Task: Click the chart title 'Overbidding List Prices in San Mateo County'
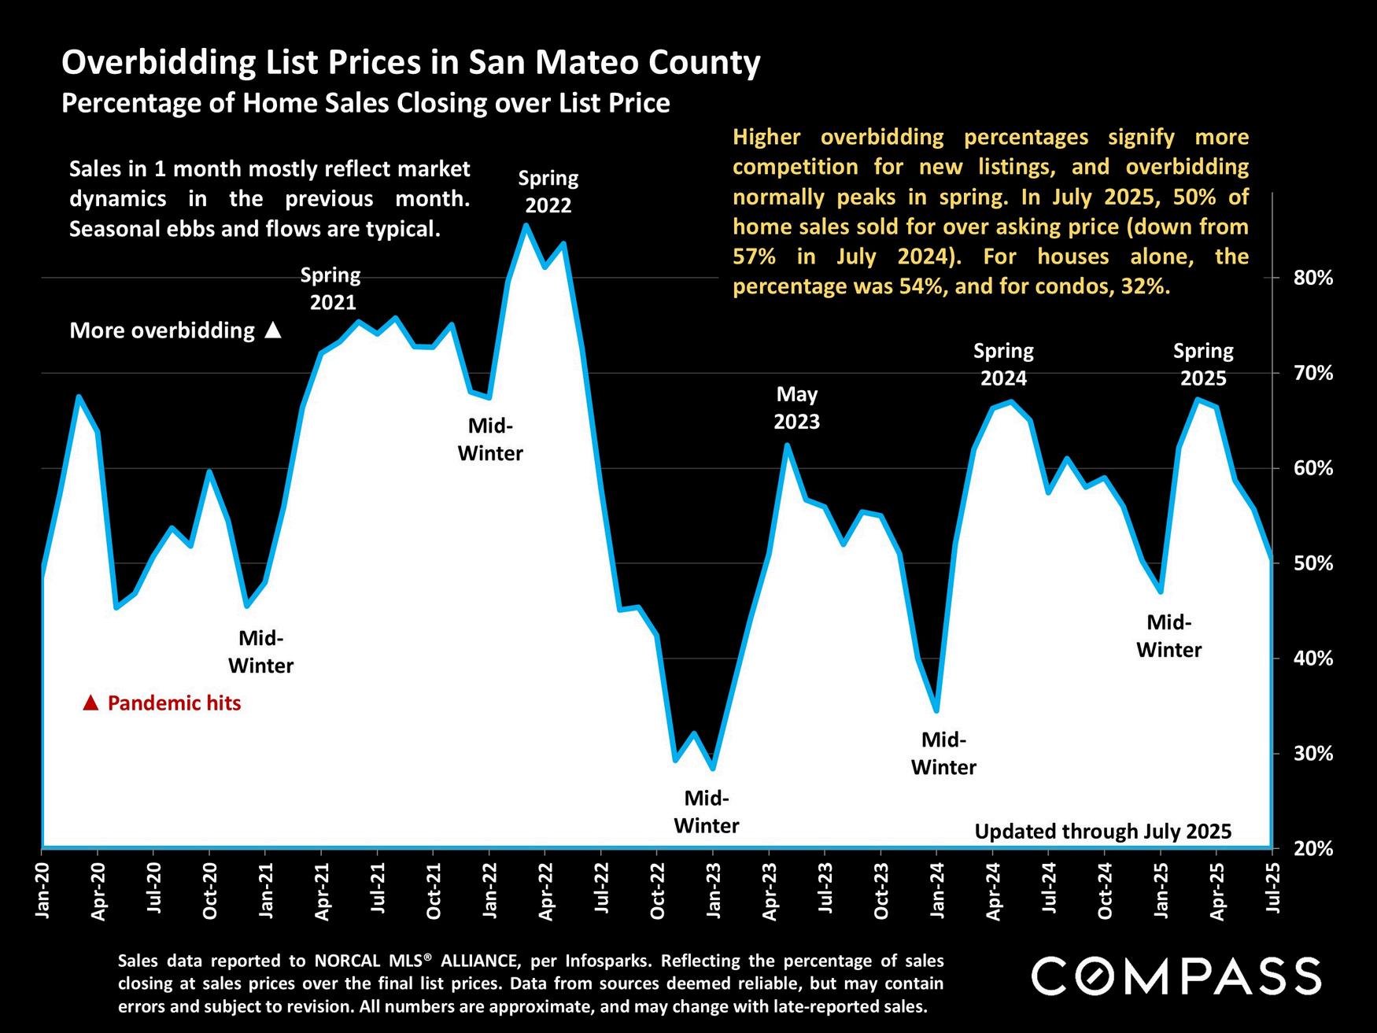[x=411, y=62]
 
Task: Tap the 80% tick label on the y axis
[x=1312, y=278]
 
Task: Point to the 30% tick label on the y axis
[x=1312, y=754]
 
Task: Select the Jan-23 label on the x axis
[x=714, y=891]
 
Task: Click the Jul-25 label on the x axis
[x=1272, y=891]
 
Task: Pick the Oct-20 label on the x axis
[x=210, y=891]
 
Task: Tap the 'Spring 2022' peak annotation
[x=548, y=192]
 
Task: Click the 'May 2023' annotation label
[x=796, y=408]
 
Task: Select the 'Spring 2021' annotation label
[x=331, y=289]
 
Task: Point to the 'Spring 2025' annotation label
[x=1203, y=364]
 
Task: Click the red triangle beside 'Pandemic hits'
[x=90, y=703]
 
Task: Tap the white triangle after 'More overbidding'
[x=273, y=330]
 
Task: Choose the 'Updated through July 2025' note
[x=1102, y=831]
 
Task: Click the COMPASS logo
[x=1176, y=976]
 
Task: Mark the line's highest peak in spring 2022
[x=526, y=226]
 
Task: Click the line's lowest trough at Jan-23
[x=713, y=768]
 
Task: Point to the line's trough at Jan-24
[x=936, y=710]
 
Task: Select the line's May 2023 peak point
[x=787, y=445]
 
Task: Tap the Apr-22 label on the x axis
[x=546, y=891]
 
